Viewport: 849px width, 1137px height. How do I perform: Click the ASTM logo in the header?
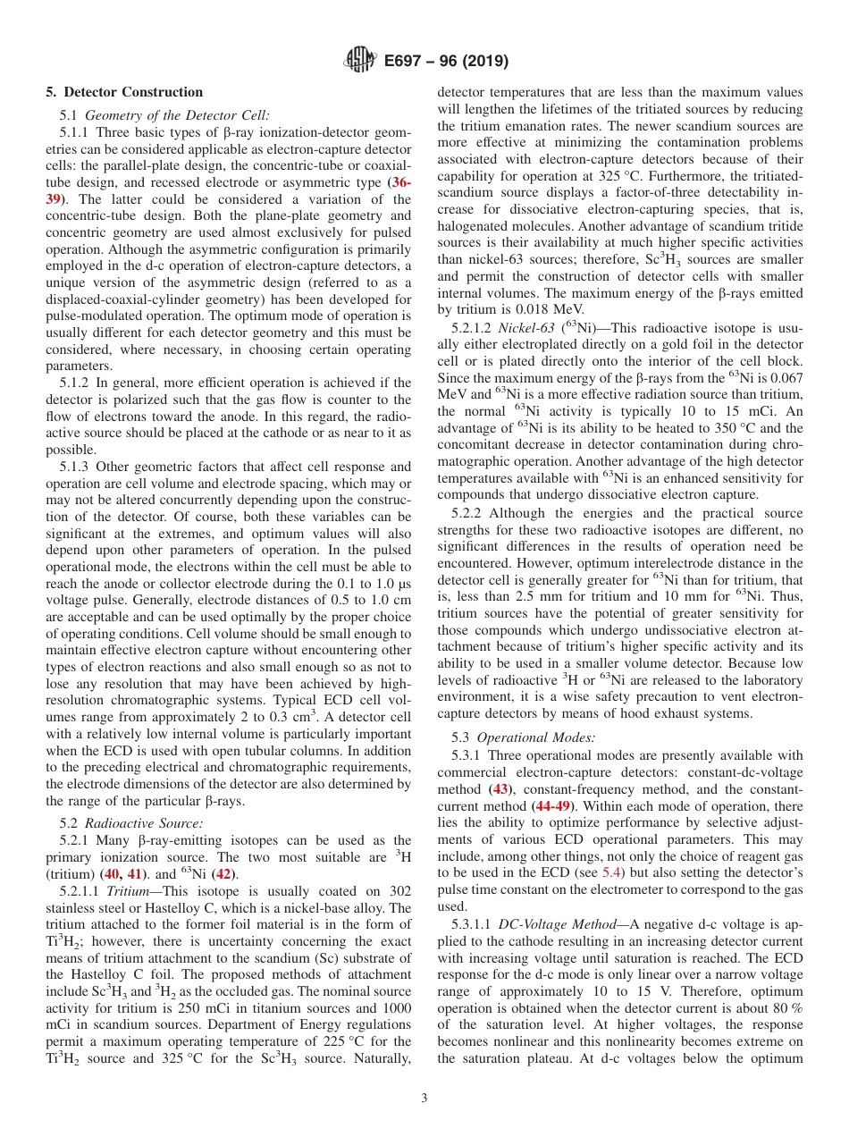(x=359, y=62)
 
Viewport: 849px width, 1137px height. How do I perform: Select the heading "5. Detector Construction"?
(x=124, y=92)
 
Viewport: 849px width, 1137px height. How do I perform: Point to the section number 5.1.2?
(x=75, y=383)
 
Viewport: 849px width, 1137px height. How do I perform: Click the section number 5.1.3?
(x=75, y=467)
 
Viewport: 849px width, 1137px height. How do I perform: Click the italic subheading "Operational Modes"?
(x=536, y=738)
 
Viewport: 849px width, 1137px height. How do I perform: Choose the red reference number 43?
(x=500, y=789)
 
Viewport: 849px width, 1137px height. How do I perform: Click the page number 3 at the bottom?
(x=424, y=1099)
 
